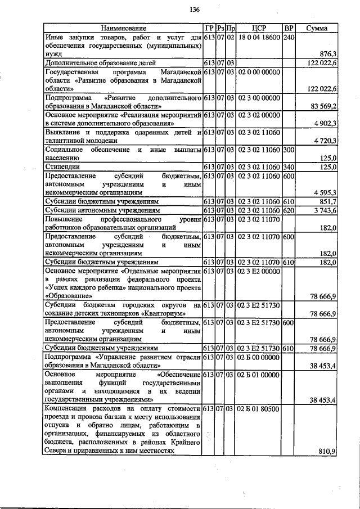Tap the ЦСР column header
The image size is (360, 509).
[259, 28]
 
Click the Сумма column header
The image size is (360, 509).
[317, 28]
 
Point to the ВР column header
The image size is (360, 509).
[289, 28]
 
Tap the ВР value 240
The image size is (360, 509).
[289, 37]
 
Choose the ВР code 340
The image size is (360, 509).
[289, 167]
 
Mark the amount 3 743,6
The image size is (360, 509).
[324, 210]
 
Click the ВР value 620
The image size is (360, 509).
[289, 210]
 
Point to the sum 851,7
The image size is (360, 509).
[327, 201]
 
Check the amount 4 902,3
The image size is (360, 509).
[324, 123]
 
